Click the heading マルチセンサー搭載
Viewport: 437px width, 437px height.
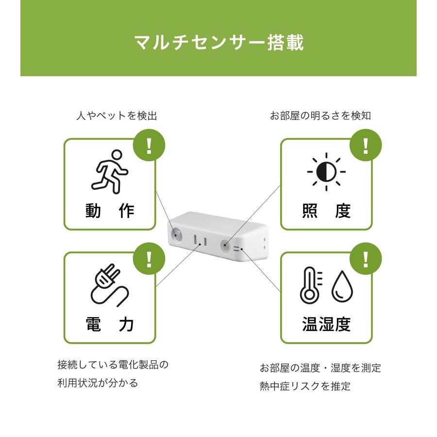[x=219, y=43]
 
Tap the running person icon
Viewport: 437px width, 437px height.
[x=109, y=172]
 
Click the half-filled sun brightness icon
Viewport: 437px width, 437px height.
[x=326, y=172]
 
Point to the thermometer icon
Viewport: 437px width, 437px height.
[x=310, y=286]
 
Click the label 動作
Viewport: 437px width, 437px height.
[x=110, y=211]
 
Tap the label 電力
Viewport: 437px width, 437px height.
[x=110, y=324]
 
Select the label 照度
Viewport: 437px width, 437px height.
[x=326, y=211]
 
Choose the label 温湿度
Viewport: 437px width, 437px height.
[x=326, y=324]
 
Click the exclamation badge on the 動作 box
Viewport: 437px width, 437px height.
[x=149, y=145]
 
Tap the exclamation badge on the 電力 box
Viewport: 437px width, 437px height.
[x=149, y=259]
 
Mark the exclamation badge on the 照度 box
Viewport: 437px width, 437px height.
[x=366, y=145]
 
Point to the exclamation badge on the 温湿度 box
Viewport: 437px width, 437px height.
[x=366, y=259]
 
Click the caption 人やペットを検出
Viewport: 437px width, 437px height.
[x=117, y=116]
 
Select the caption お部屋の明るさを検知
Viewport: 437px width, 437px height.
[x=320, y=116]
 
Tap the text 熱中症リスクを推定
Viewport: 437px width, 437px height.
[x=305, y=387]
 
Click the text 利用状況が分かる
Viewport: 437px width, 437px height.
[x=98, y=383]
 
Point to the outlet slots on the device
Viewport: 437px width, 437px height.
[x=201, y=240]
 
